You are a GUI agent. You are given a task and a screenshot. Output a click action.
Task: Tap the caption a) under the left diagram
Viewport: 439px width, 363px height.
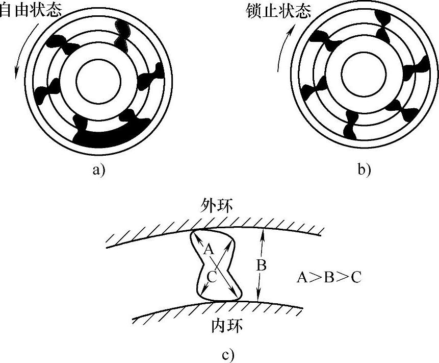click(98, 170)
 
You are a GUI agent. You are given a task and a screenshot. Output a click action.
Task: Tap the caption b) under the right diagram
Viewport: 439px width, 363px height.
click(364, 170)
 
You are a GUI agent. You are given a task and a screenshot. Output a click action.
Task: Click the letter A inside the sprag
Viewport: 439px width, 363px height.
click(208, 250)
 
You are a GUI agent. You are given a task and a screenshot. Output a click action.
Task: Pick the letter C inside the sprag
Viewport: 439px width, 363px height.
click(212, 276)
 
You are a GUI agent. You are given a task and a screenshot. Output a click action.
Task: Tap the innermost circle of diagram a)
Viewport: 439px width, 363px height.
click(98, 81)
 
